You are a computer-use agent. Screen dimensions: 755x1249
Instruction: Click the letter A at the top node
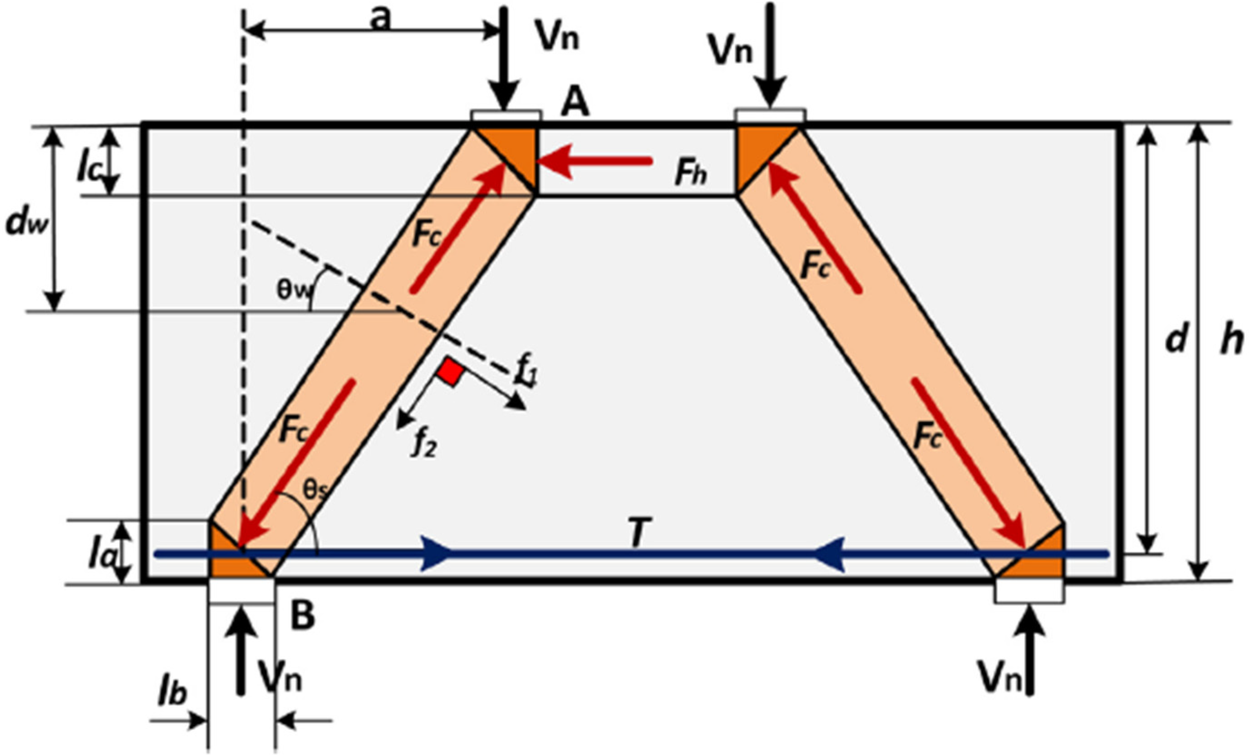click(576, 104)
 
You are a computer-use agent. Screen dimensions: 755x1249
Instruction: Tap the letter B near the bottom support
click(303, 615)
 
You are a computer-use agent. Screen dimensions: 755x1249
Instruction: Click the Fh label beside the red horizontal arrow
click(690, 174)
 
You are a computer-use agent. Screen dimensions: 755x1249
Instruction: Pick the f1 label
click(525, 374)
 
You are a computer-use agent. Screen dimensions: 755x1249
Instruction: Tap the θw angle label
click(294, 291)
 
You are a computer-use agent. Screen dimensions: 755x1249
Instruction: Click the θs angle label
click(314, 490)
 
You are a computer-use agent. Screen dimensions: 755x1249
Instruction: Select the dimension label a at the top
click(381, 19)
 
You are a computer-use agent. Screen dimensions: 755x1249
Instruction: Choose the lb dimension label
click(172, 694)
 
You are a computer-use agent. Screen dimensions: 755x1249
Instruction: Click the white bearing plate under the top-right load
click(770, 116)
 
